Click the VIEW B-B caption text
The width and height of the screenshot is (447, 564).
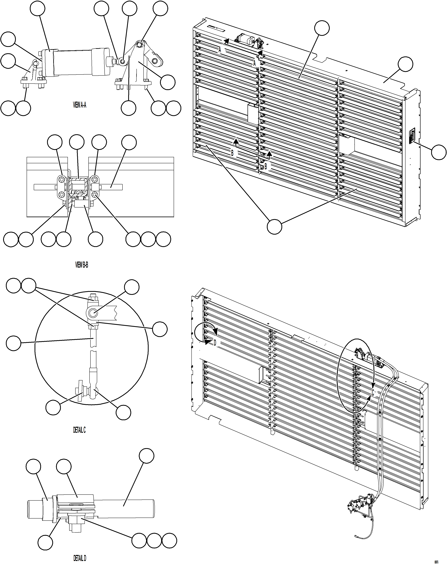[x=82, y=265]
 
